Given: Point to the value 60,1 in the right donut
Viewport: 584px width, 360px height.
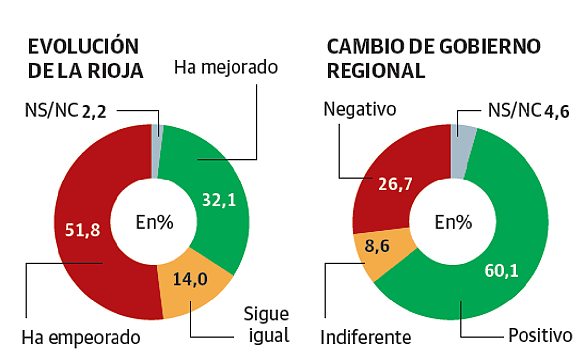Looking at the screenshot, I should tap(501, 271).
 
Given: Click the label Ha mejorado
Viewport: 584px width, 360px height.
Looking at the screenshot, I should tap(226, 66).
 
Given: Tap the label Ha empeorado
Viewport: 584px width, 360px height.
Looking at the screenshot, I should tap(81, 338).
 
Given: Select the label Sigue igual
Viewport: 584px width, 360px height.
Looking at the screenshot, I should tap(266, 325).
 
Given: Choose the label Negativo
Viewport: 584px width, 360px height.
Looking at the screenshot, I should tap(360, 109).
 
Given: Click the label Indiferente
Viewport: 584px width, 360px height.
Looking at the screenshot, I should tap(366, 338).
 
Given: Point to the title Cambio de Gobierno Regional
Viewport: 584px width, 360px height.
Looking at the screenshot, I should tap(433, 59).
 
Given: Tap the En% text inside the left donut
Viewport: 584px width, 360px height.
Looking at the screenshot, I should tap(155, 223).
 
